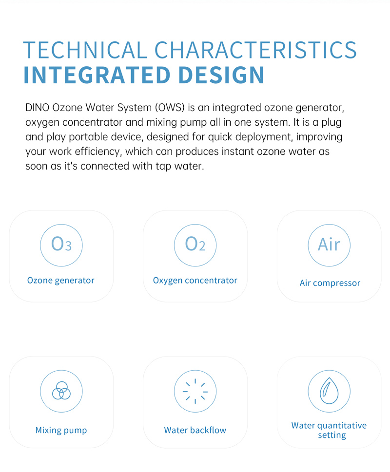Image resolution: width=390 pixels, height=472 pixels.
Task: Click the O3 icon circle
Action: [x=61, y=225]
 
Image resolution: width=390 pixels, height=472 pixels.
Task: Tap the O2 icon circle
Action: [x=195, y=225]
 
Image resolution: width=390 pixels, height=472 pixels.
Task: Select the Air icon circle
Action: [x=329, y=225]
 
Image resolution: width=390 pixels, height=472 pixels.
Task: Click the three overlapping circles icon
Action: [x=61, y=391]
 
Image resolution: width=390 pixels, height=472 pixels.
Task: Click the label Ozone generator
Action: [x=61, y=281]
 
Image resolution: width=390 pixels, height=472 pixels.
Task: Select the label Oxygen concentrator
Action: [x=195, y=281]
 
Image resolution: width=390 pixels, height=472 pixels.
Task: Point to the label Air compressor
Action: [x=330, y=283]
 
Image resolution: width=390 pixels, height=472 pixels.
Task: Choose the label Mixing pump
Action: [x=61, y=431]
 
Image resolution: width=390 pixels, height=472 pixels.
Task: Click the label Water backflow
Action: [x=195, y=430]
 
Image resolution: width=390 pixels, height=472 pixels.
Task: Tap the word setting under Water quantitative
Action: [x=332, y=435]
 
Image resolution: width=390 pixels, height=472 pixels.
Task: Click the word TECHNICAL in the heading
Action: [x=85, y=50]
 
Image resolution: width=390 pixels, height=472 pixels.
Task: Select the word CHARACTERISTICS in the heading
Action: [x=255, y=50]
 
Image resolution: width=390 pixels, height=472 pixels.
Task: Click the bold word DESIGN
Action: [x=221, y=75]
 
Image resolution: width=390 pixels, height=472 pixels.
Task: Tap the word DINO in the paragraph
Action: [x=37, y=108]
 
